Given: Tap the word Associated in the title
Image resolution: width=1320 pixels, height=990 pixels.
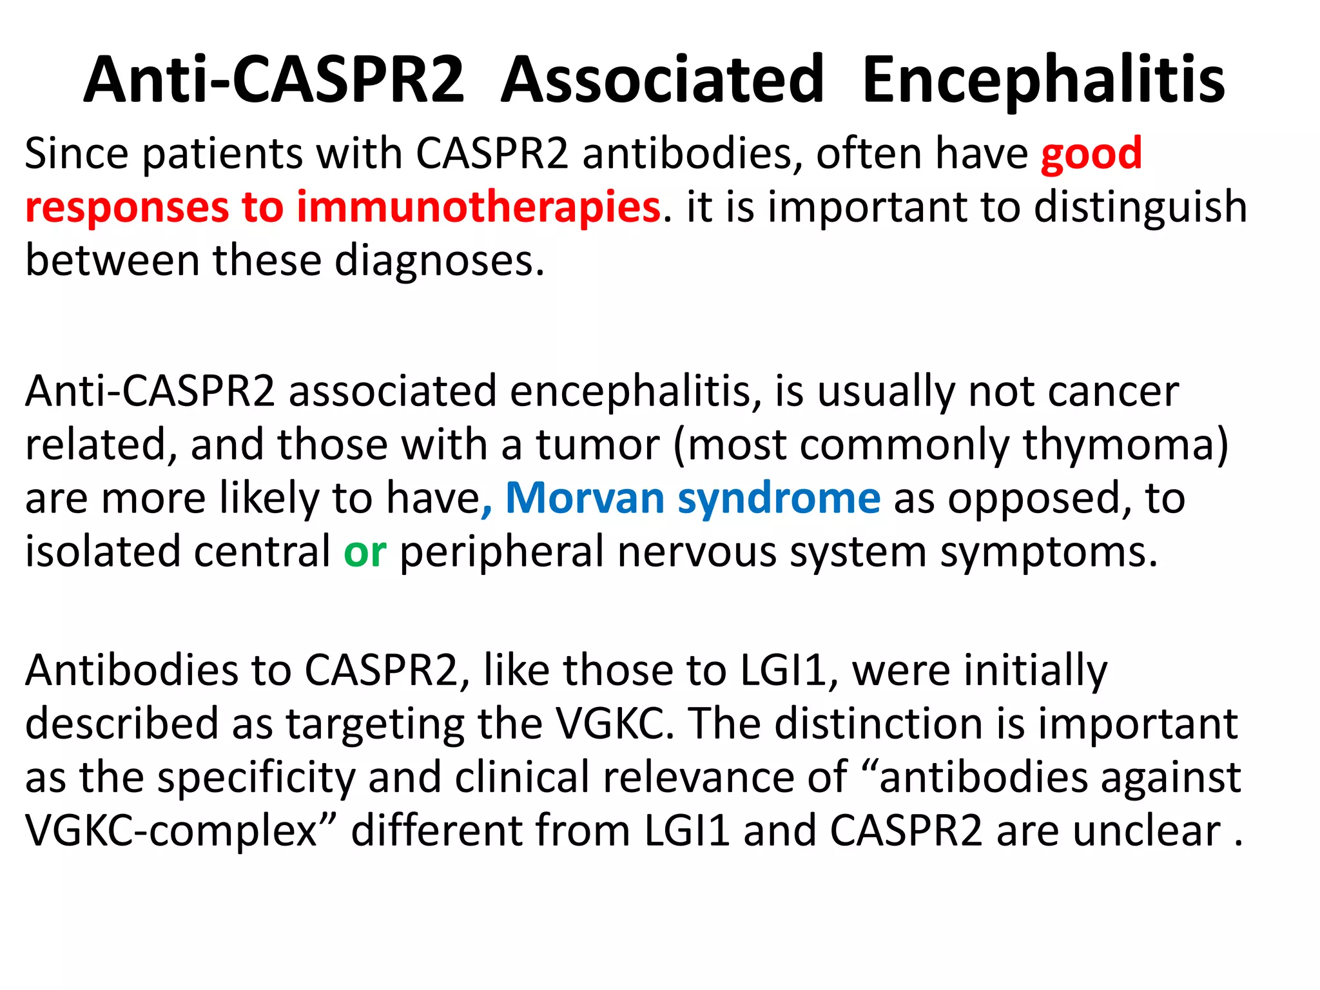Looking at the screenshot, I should [x=662, y=80].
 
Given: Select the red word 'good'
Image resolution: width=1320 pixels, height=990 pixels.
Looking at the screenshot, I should [x=1091, y=155].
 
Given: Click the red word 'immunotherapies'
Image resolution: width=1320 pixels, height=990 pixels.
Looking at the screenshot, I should [x=478, y=208].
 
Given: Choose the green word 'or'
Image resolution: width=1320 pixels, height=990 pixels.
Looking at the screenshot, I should [x=365, y=552].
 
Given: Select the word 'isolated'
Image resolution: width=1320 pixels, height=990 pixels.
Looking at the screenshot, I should [x=102, y=552].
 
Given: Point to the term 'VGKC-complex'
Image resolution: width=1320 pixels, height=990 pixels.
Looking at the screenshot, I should [x=172, y=831].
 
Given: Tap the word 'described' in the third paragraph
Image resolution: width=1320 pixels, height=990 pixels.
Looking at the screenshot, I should [x=121, y=724].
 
